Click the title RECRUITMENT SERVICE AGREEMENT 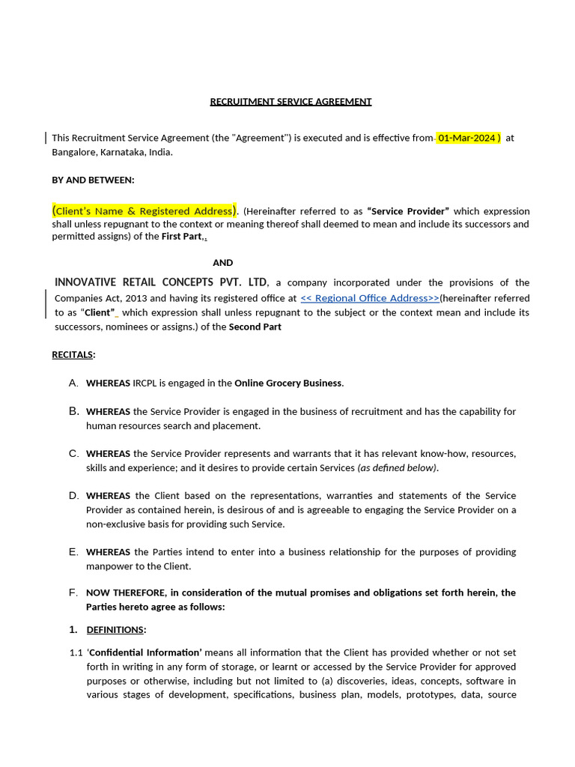(x=290, y=101)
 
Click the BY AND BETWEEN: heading (x=93, y=180)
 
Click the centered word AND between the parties (x=222, y=263)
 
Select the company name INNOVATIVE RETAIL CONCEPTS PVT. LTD (x=161, y=282)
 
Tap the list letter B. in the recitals (x=73, y=411)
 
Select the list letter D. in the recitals (x=73, y=496)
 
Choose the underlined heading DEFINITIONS (x=115, y=629)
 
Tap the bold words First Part (x=182, y=237)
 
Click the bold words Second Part (x=255, y=327)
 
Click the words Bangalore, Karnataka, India (x=112, y=152)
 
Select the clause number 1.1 (x=76, y=652)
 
